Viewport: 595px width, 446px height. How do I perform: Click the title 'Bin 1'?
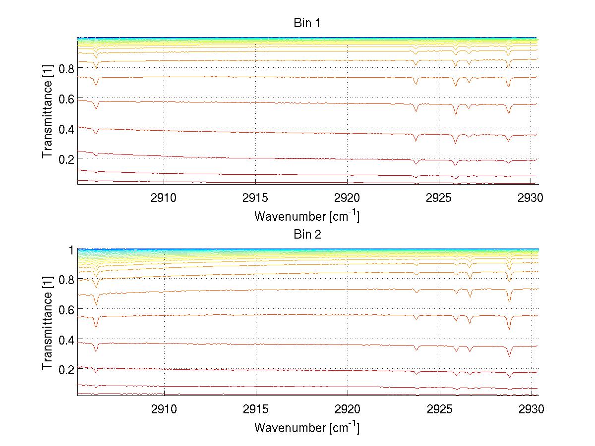[307, 23]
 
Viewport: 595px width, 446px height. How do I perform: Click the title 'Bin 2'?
[307, 235]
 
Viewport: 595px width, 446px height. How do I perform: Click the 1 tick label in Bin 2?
[71, 249]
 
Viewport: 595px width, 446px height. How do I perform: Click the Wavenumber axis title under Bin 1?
[307, 216]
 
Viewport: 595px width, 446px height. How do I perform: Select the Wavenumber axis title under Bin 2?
[307, 427]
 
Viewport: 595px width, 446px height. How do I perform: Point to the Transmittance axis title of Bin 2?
[48, 322]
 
